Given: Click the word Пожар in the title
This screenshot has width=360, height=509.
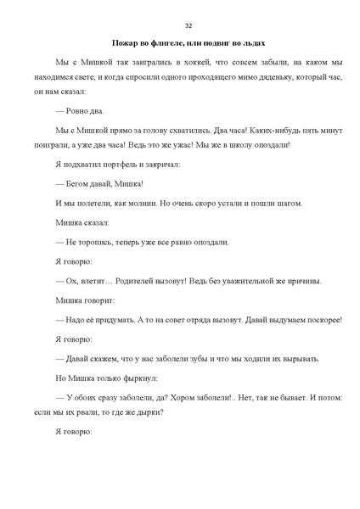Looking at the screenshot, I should click(127, 44).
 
